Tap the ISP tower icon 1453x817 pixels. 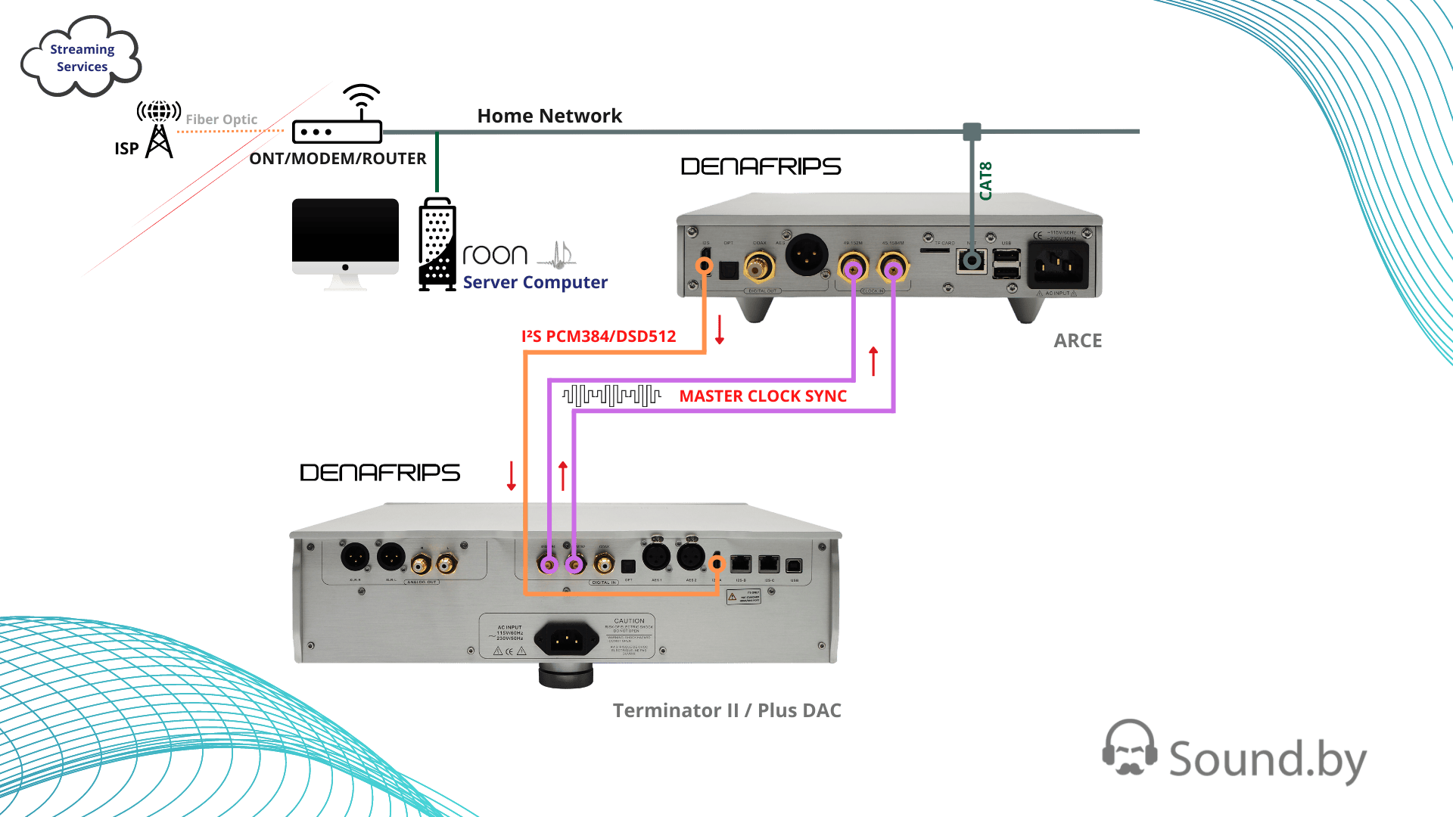point(158,130)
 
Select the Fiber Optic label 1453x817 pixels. point(221,120)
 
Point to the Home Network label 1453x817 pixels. point(549,116)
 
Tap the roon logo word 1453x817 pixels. point(495,255)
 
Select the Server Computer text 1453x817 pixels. point(535,282)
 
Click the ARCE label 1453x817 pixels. point(1078,340)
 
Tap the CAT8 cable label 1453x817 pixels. point(985,181)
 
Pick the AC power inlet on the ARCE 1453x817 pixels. point(1057,266)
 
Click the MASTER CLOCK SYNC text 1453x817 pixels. point(763,396)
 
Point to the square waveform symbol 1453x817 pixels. point(611,395)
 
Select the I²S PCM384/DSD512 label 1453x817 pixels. point(598,336)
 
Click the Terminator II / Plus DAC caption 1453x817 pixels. point(726,710)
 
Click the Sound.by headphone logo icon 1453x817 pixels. point(1129,747)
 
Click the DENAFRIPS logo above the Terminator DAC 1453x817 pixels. point(380,473)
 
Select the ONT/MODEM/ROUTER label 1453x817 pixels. point(338,159)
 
